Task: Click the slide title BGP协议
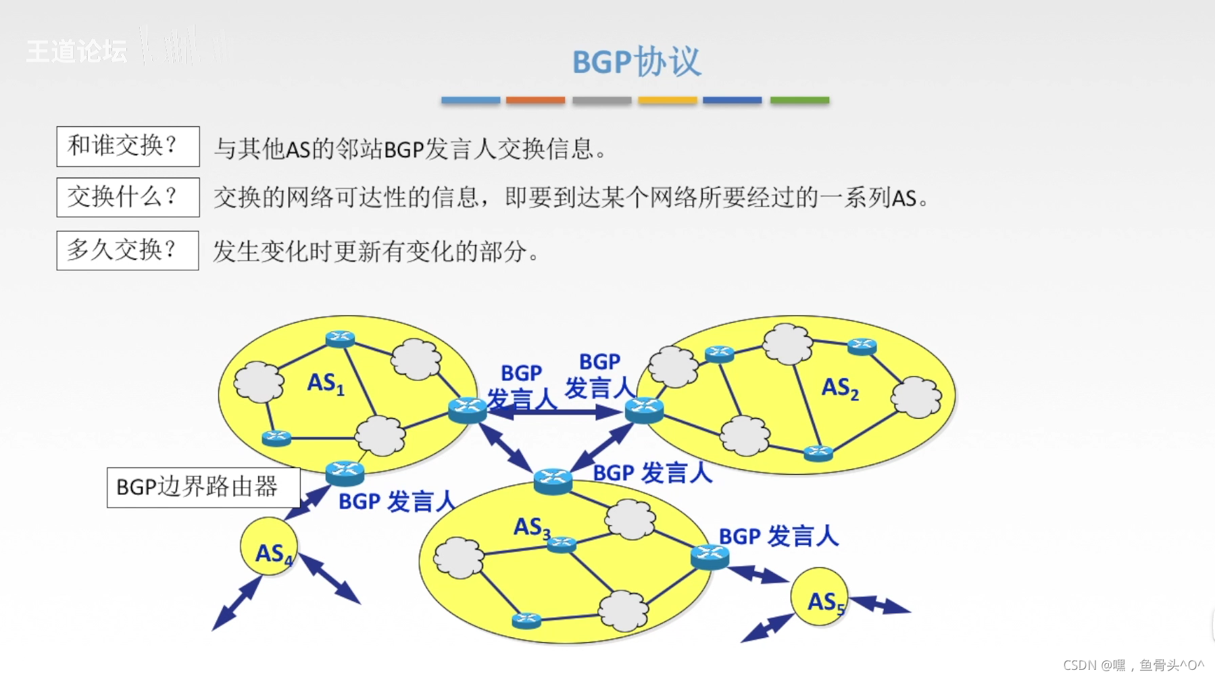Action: (x=636, y=62)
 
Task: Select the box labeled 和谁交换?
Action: (x=128, y=146)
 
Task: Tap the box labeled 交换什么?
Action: (x=128, y=197)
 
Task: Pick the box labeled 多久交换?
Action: (x=127, y=251)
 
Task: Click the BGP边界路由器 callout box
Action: (x=203, y=487)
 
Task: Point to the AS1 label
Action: (x=326, y=384)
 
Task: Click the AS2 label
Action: (x=840, y=388)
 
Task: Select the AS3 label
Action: (x=532, y=527)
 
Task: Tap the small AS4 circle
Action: (x=269, y=546)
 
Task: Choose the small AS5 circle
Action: (x=820, y=596)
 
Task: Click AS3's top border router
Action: (x=553, y=480)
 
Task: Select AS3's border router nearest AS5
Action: (x=710, y=556)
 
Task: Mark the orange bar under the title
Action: (x=535, y=100)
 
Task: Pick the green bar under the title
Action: (x=799, y=100)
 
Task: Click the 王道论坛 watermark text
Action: (x=76, y=51)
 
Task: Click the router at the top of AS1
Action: (x=340, y=338)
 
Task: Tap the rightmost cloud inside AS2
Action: (x=916, y=396)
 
